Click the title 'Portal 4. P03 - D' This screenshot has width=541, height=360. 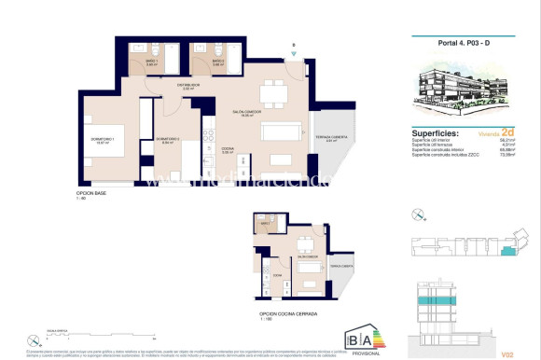coord(464,42)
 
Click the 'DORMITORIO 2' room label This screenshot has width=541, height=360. coord(167,139)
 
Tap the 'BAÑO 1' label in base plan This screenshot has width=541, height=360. coord(152,62)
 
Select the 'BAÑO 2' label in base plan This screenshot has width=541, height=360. coord(217,62)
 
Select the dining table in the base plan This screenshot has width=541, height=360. coord(274,91)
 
